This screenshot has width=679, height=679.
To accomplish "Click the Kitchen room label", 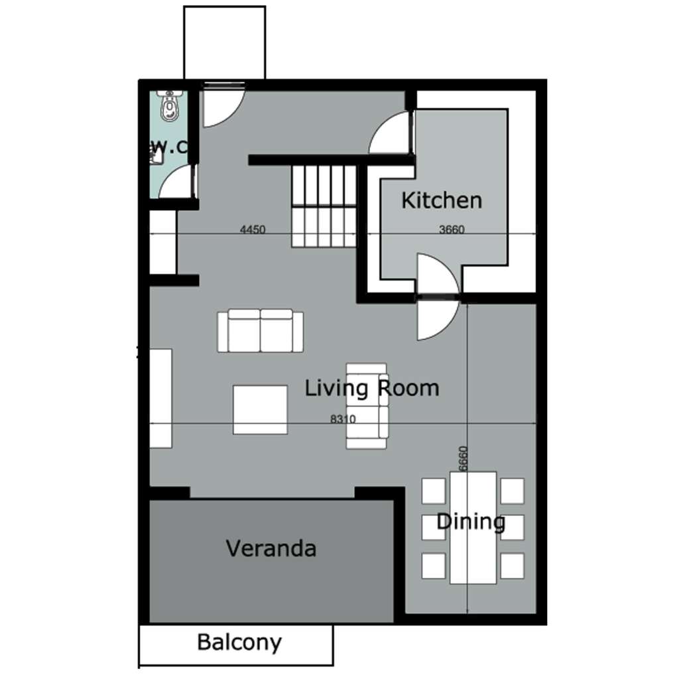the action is click(441, 200).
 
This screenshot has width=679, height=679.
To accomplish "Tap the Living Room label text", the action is click(372, 388).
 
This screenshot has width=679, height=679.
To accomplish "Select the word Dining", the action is click(471, 522).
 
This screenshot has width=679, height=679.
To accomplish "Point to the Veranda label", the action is click(271, 548).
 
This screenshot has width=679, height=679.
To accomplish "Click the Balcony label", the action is click(239, 642).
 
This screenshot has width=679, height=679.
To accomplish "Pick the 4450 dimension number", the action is click(253, 229).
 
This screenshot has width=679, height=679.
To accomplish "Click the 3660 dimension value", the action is click(452, 229).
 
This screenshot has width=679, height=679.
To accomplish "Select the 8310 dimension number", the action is click(343, 419).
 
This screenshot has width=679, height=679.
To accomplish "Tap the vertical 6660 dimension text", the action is click(463, 459).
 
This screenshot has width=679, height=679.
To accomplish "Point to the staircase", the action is click(324, 207).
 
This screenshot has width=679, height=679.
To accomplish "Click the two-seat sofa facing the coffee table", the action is click(260, 330).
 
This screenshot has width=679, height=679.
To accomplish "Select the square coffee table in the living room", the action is click(260, 410).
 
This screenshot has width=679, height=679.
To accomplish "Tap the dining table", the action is click(473, 528).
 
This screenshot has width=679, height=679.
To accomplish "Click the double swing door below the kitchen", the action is click(438, 297).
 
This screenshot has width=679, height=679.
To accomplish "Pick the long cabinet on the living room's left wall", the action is click(160, 399).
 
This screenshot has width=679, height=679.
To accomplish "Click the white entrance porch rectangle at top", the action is click(224, 42).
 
